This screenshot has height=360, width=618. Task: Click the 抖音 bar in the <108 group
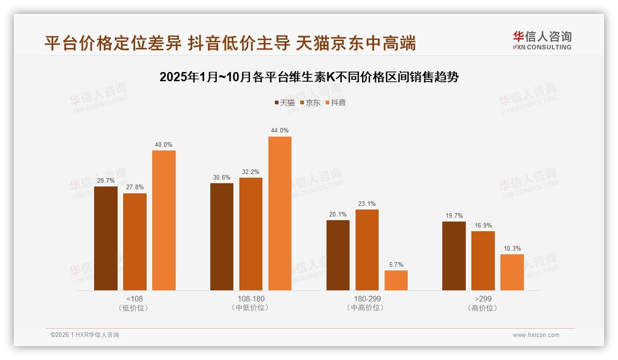[x=164, y=220]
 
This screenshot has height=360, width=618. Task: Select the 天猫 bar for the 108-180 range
[x=222, y=237]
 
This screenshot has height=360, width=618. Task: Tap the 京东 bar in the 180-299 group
[x=367, y=250]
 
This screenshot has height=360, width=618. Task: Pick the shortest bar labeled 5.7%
[x=396, y=280]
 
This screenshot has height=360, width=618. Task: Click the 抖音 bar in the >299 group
[x=512, y=272]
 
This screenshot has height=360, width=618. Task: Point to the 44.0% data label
[x=279, y=131]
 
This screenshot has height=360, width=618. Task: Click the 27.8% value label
[x=135, y=187]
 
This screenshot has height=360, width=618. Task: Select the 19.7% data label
[x=454, y=216]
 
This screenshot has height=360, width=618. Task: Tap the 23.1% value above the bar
[x=367, y=204]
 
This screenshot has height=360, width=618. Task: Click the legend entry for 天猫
[x=285, y=102]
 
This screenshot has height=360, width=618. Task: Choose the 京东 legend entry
[x=310, y=102]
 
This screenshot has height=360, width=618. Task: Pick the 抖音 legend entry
[x=336, y=102]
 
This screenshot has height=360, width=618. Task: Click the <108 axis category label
[x=135, y=299]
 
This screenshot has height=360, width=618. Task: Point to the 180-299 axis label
[x=367, y=299]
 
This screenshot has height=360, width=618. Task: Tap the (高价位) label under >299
[x=483, y=308]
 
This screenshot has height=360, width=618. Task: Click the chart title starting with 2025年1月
[x=309, y=77]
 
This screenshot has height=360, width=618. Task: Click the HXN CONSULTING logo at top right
[x=542, y=41]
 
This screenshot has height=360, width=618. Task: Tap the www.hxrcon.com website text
[x=536, y=335]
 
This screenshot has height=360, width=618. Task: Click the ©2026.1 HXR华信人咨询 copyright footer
[x=85, y=335]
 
